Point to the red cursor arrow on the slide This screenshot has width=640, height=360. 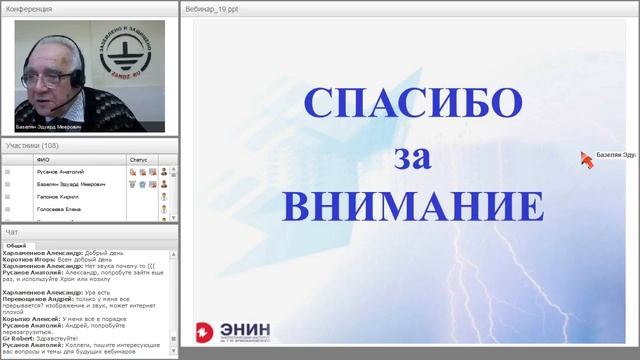coord(586,159)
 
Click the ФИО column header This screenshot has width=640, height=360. coord(42,159)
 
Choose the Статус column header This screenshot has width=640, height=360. coord(138,159)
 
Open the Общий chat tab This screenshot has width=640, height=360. coord(16,245)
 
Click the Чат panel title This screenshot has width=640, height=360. coord(11,232)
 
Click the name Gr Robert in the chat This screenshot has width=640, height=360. coord(19,337)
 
